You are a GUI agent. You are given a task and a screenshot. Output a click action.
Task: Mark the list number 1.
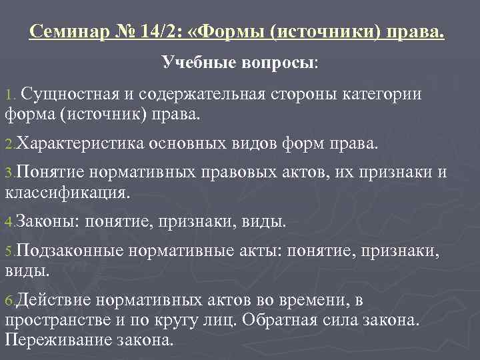(9, 95)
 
